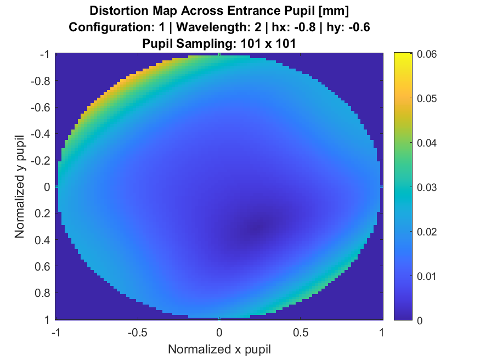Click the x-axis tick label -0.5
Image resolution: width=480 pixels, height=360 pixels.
(x=137, y=333)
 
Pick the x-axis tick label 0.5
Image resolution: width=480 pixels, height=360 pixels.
(x=301, y=333)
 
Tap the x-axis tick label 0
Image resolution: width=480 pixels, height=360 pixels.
(x=219, y=333)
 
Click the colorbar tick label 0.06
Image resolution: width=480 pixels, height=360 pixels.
(x=427, y=54)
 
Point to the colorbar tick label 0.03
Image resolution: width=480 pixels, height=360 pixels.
(x=427, y=187)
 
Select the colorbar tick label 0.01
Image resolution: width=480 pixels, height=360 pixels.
(x=427, y=275)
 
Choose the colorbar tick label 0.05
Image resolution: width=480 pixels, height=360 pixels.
(x=427, y=98)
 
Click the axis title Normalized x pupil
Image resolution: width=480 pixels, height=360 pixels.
(x=219, y=349)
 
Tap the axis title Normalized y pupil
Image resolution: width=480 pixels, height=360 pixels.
(x=20, y=187)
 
